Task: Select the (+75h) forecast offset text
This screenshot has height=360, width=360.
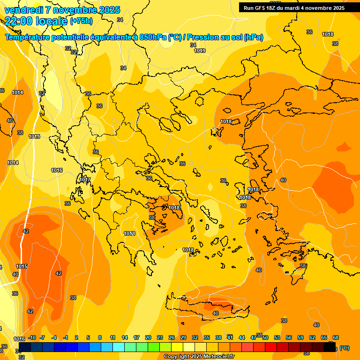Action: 81,21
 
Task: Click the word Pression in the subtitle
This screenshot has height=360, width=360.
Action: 202,37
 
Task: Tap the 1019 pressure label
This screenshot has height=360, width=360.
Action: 200,51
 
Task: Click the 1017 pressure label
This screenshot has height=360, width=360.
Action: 85,180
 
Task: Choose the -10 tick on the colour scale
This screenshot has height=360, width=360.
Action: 32,337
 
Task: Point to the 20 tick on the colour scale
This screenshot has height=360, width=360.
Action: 148,337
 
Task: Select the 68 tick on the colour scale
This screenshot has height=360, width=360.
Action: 336,337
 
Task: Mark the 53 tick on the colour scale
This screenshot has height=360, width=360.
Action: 277,337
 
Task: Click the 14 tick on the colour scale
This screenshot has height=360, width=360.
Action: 125,337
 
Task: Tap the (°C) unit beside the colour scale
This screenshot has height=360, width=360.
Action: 344,348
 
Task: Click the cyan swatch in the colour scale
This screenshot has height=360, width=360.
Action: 119,347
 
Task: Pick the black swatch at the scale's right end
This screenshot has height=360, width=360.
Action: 330,347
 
